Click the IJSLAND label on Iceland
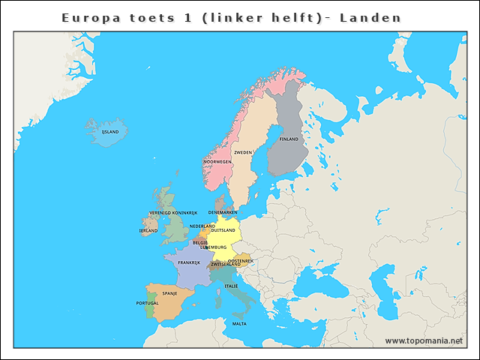(x=110, y=131)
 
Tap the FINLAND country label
(x=289, y=139)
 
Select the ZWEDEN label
(x=243, y=152)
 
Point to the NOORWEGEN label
(x=217, y=161)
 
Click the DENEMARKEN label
(x=223, y=212)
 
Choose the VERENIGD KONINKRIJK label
(x=172, y=213)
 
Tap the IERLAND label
(x=148, y=231)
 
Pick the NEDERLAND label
(x=202, y=226)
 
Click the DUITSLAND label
(x=223, y=230)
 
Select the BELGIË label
(x=200, y=242)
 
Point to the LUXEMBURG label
(x=213, y=247)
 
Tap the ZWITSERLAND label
(x=226, y=264)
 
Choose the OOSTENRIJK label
(x=241, y=260)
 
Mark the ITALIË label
(x=232, y=286)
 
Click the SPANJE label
(x=169, y=293)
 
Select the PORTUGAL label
(x=147, y=303)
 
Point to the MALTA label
(x=239, y=324)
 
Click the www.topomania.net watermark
(x=424, y=340)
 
